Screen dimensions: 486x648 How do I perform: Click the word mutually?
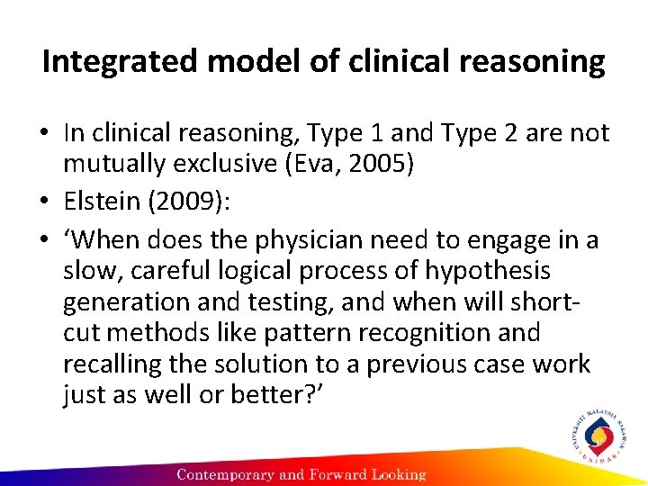pyautogui.click(x=109, y=165)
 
